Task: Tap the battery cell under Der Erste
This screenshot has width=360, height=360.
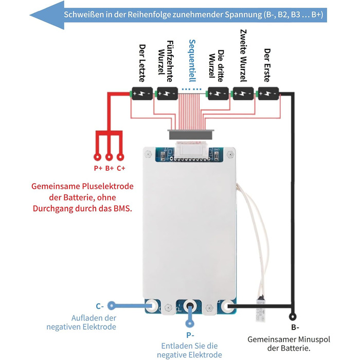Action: click(268, 94)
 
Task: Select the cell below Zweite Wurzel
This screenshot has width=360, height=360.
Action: click(243, 94)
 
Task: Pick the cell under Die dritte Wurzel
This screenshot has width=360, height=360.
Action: click(218, 94)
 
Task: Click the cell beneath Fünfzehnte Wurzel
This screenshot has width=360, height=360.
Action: click(167, 94)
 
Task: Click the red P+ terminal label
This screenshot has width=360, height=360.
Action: click(98, 168)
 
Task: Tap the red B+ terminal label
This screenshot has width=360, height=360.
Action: click(109, 168)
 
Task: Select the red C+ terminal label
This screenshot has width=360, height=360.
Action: click(121, 168)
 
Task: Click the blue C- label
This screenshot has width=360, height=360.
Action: click(100, 305)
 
